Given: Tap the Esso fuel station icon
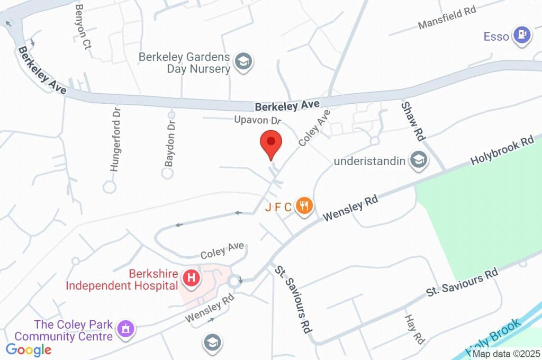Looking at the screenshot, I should tap(523, 35).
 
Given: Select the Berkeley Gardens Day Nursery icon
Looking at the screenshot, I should tap(243, 62).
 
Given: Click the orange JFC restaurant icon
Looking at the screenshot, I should tap(304, 205).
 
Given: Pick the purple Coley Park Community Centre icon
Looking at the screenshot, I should tap(126, 329).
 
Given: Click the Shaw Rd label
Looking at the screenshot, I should tap(413, 121).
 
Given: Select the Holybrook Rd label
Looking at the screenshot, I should tap(502, 150).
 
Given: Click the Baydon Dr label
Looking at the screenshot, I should tap(170, 142).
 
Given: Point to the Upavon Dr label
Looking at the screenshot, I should tap(257, 120).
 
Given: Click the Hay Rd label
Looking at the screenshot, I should tap(414, 329).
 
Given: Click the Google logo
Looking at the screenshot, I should tap(29, 350).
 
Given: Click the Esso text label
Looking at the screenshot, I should tap(496, 37).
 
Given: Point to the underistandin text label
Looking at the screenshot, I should tap(369, 161).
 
